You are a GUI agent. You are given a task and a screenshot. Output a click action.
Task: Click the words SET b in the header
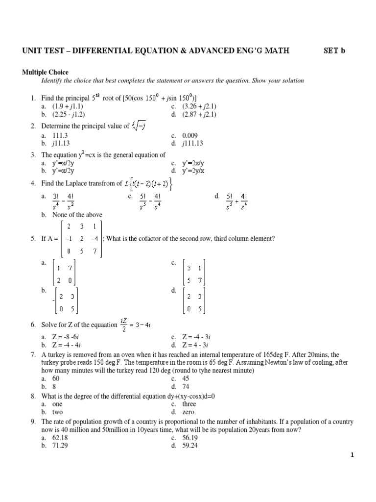tap(335, 50)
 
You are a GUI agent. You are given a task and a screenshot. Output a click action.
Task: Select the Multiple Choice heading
tap(45, 72)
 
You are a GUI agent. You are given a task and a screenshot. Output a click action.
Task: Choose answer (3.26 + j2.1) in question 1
tap(200, 106)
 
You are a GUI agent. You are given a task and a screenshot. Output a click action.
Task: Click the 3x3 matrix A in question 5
tap(82, 239)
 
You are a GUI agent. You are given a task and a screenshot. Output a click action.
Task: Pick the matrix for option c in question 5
tap(194, 274)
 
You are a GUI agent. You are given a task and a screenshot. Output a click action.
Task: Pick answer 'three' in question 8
tap(189, 404)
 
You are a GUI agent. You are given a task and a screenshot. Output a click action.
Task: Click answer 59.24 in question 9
tap(190, 446)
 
